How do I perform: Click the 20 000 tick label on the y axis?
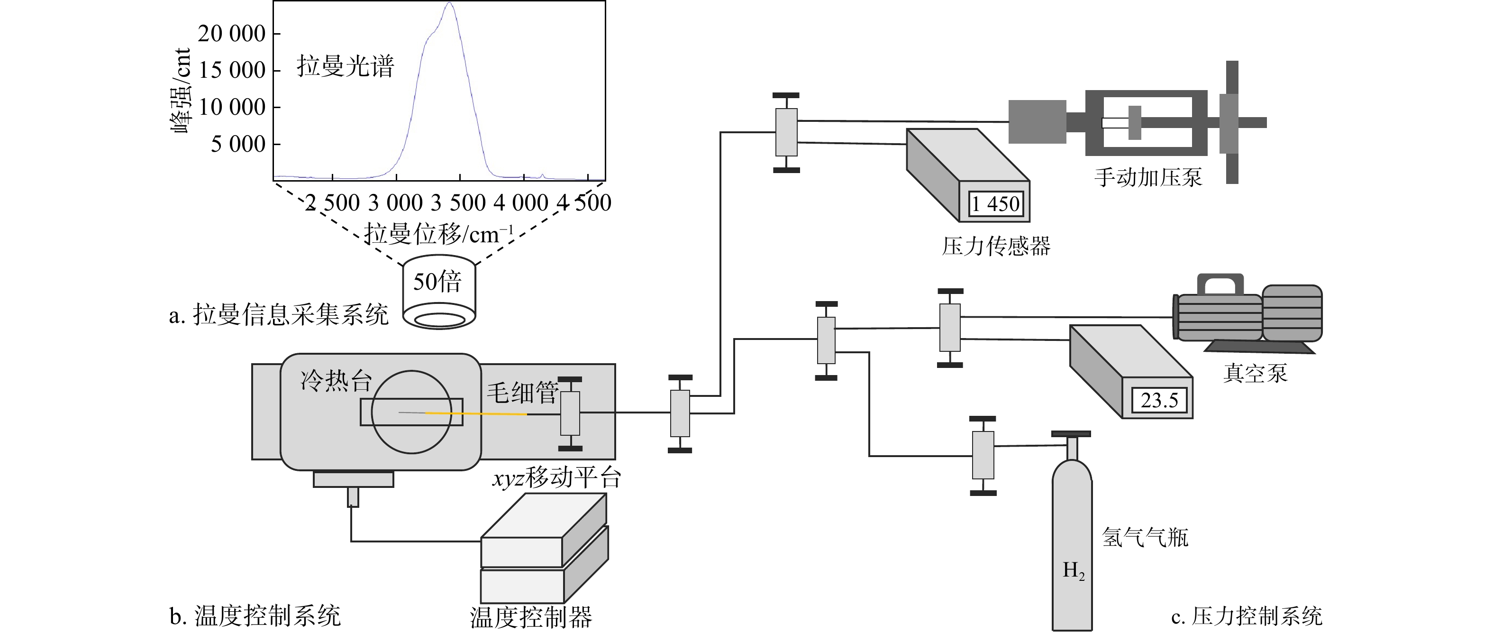click(232, 34)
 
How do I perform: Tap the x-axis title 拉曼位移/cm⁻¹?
click(439, 234)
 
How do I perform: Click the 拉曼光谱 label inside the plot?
click(346, 66)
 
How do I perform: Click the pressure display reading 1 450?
click(996, 204)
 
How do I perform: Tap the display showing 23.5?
click(1159, 401)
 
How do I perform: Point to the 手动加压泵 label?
click(1148, 177)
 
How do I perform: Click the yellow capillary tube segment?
click(476, 413)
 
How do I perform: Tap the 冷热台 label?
click(336, 381)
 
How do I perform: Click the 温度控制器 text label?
click(531, 617)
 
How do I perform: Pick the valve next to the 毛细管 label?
click(570, 413)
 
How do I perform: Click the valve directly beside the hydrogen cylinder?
click(983, 456)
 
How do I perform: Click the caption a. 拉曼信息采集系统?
click(279, 315)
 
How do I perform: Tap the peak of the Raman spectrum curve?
click(449, 3)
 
